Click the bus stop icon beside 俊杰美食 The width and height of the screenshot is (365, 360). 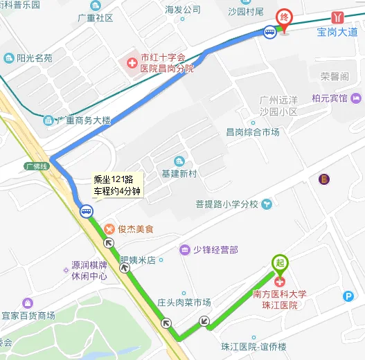[86, 212]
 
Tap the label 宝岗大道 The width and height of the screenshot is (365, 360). [337, 31]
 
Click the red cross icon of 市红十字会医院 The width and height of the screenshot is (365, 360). [131, 64]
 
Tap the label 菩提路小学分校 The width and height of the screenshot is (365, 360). [226, 204]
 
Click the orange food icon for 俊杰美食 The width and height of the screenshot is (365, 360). [109, 228]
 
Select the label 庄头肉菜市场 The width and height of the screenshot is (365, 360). [184, 302]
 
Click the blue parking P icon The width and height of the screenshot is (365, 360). [348, 296]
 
